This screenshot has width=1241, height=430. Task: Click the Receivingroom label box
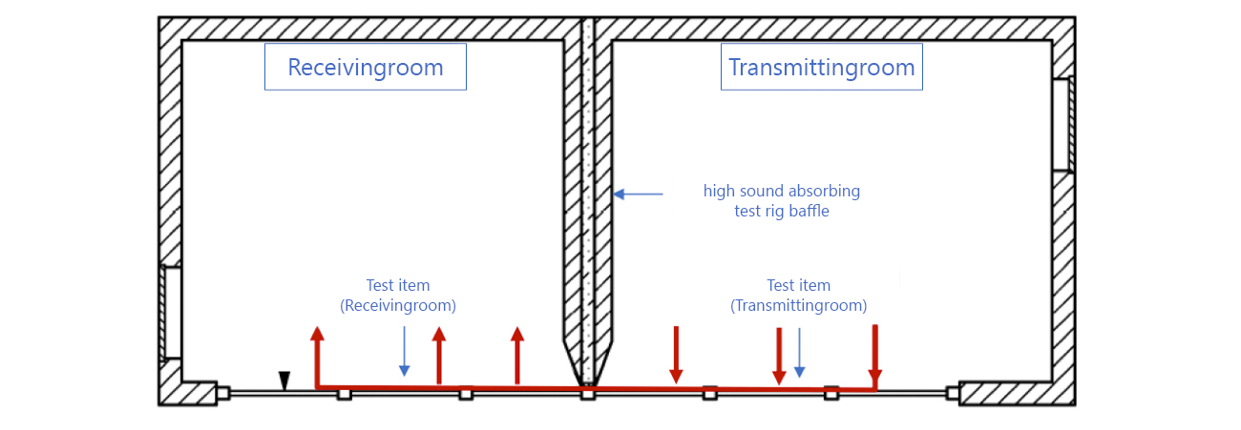(365, 67)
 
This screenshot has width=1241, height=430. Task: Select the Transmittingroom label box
(821, 67)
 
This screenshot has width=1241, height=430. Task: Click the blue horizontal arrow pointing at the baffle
(638, 195)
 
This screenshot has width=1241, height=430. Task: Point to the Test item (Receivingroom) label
(398, 296)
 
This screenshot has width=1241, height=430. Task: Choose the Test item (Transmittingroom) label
(799, 296)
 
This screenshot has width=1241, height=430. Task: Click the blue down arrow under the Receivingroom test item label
(404, 351)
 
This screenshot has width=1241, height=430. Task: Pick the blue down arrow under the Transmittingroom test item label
(799, 353)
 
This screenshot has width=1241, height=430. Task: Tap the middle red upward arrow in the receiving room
(439, 355)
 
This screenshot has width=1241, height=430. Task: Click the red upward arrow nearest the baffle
(517, 355)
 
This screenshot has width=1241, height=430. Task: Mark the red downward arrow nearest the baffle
(676, 355)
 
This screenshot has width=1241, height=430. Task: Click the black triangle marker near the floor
(284, 380)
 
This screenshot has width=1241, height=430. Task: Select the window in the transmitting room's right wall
(1062, 124)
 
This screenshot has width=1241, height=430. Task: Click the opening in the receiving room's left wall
(172, 313)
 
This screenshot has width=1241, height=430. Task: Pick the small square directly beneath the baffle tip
(588, 393)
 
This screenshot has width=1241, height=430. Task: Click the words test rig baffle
(782, 212)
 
